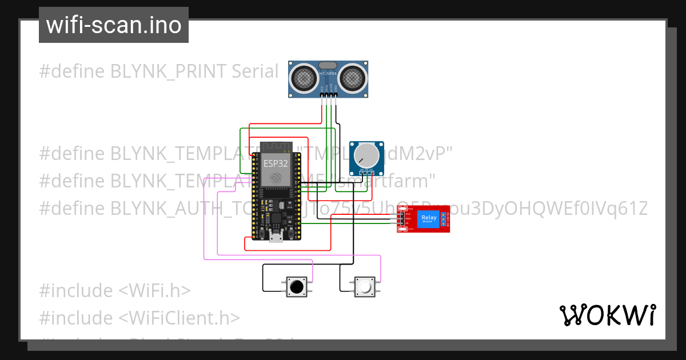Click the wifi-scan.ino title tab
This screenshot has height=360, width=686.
[113, 25]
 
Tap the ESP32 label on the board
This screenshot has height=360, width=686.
[276, 163]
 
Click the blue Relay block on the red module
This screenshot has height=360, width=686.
[428, 219]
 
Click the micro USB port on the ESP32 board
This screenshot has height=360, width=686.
[276, 237]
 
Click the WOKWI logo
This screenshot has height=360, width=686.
[607, 315]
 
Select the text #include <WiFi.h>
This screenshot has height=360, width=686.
[114, 290]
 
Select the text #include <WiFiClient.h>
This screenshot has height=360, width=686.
[139, 318]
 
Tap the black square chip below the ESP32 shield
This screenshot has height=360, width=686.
[276, 218]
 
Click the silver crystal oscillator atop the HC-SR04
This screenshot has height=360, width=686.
[328, 65]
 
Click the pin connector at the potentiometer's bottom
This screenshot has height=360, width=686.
[366, 172]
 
